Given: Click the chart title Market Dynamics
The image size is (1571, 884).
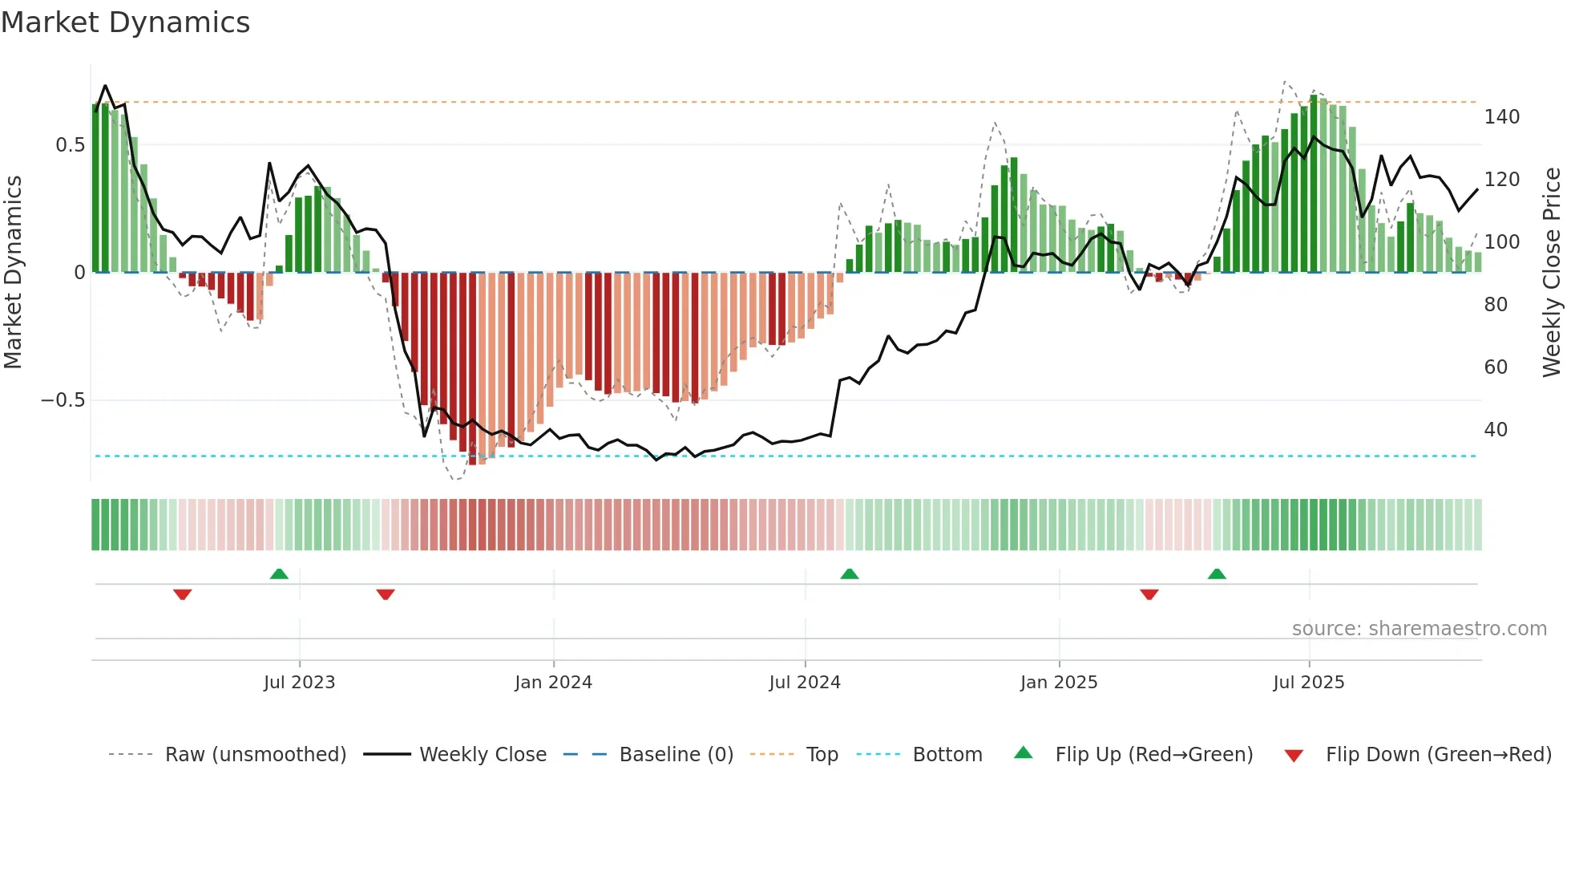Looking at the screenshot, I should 126,22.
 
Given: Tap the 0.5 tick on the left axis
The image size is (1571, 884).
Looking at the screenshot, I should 70,145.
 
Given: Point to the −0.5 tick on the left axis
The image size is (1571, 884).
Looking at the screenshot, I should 63,400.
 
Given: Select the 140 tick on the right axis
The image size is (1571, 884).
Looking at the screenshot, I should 1501,117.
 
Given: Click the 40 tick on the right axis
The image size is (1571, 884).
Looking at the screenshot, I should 1496,430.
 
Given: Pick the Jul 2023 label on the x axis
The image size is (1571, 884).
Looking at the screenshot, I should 299,683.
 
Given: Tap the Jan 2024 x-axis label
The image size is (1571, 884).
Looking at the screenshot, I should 553,683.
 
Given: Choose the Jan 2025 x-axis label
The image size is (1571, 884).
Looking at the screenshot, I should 1058,683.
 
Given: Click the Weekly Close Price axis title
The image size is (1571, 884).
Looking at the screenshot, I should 1552,273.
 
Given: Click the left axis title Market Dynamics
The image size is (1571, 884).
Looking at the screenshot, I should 13,273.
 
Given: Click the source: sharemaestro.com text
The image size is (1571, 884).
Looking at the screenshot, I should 1419,629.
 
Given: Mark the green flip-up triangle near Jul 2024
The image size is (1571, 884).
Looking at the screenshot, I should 850,574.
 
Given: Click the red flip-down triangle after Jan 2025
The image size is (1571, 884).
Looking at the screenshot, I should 1149,594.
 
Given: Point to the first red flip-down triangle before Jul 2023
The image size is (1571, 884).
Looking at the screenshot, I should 183,594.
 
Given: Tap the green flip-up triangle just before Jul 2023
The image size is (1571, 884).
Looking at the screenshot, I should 279,574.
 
